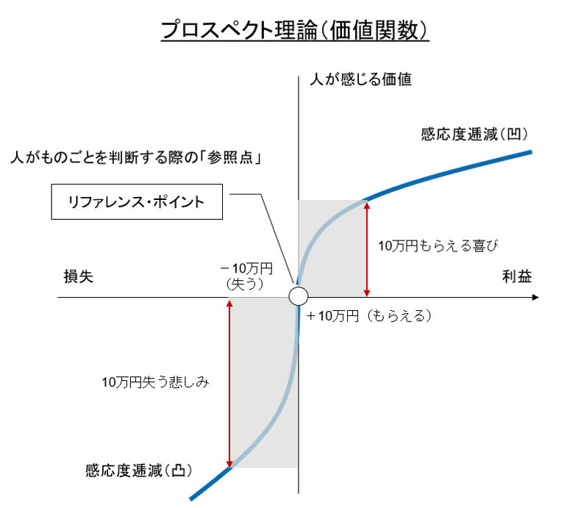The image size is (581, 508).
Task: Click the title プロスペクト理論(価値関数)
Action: [x=295, y=29]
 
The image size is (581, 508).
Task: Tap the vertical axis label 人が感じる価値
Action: [x=360, y=79]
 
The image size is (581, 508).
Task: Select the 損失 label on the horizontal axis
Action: [x=78, y=276]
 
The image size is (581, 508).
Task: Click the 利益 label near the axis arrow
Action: [x=517, y=276]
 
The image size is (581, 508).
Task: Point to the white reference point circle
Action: [x=299, y=296]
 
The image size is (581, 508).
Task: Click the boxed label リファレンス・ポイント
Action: [x=137, y=201]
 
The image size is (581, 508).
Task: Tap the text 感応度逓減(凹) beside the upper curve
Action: [x=474, y=134]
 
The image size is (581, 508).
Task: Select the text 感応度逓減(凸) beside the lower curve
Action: [x=139, y=471]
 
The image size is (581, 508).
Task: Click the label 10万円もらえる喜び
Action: [x=438, y=246]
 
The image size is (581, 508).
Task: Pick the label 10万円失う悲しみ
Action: [x=156, y=382]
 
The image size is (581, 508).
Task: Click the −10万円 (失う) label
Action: [x=246, y=276]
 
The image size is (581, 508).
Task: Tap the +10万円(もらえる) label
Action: [x=369, y=316]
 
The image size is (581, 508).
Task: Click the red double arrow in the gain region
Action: [x=367, y=249]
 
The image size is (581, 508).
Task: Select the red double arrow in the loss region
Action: [x=229, y=384]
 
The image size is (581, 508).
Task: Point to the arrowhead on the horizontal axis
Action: [x=535, y=297]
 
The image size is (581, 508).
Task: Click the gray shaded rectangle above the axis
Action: [x=332, y=248]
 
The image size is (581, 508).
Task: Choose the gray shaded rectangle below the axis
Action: [x=263, y=382]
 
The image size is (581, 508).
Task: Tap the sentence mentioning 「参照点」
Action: [x=136, y=158]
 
